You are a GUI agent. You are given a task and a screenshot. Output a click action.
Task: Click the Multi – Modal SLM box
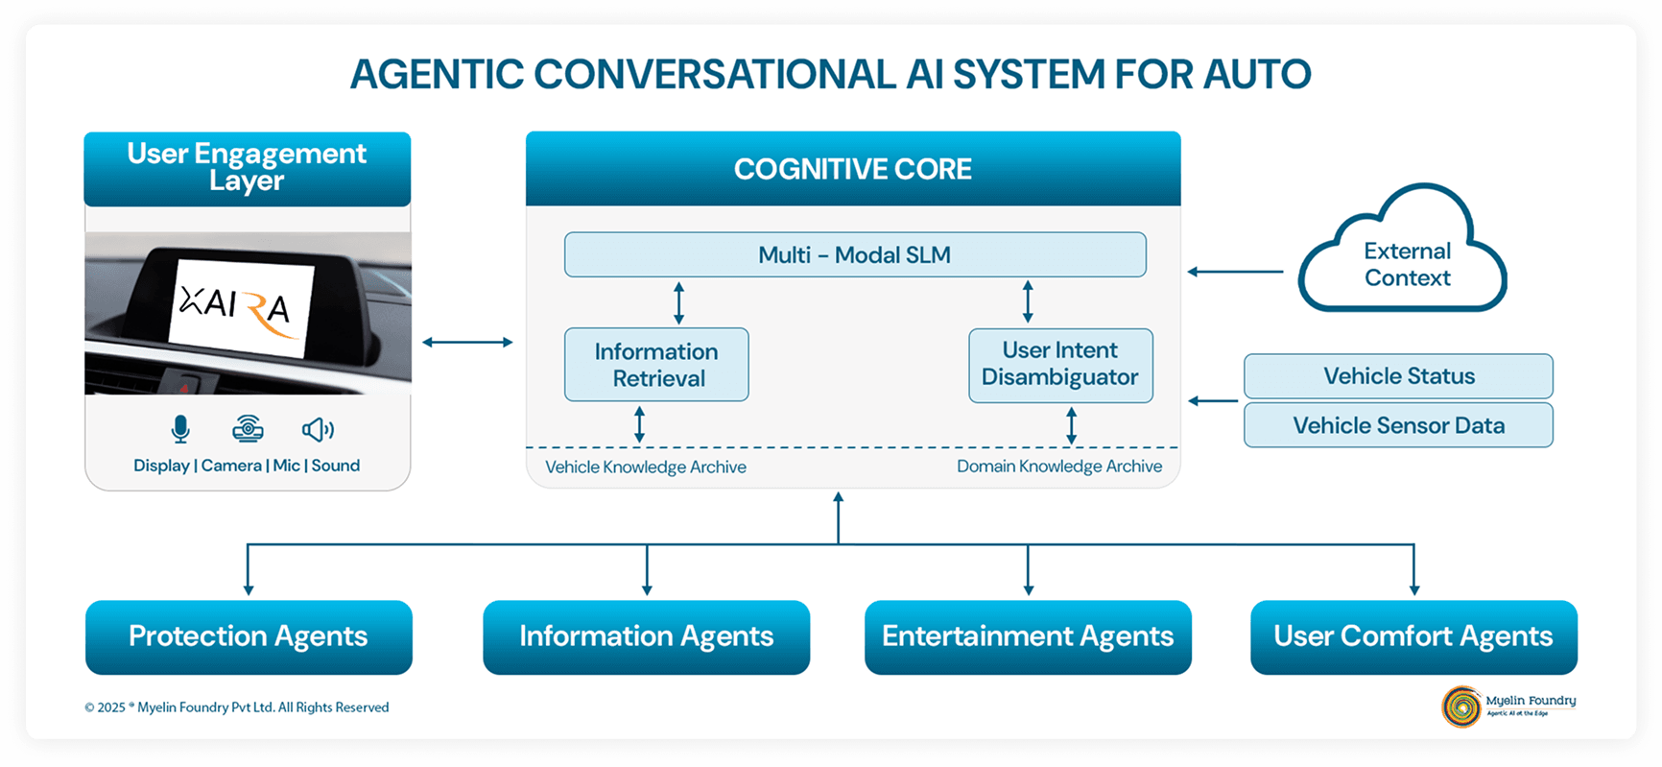point(855,255)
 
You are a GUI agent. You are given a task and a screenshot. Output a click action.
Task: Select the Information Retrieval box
point(656,365)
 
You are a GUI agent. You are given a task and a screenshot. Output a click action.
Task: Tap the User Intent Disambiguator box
point(1060,365)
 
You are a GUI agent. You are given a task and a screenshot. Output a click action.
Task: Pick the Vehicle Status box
point(1398,376)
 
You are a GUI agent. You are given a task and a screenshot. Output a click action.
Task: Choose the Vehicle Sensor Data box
point(1398,425)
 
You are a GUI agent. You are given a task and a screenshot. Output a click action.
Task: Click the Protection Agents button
point(249,636)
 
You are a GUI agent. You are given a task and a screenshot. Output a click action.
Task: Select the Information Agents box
point(646,636)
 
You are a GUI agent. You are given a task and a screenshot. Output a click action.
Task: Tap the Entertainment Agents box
point(1028,636)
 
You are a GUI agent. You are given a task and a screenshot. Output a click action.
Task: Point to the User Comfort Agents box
point(1413,636)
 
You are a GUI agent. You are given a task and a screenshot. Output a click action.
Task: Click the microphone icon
point(180,429)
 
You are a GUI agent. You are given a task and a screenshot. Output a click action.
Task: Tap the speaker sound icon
point(318,429)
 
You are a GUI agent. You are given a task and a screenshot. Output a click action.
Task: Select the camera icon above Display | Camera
point(248,429)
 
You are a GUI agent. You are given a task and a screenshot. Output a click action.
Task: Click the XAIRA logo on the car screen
point(236,307)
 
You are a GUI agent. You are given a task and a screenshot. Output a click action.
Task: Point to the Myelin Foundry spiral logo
point(1461,707)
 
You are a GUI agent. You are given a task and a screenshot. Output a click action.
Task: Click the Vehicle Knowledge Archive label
point(646,467)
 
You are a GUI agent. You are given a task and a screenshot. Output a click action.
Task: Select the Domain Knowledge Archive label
point(1059,467)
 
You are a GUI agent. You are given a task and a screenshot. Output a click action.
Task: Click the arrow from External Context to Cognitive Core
point(1235,272)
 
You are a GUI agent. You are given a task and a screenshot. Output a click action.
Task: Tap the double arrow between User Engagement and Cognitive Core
point(467,342)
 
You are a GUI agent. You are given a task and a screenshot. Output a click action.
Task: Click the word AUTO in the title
point(1257,75)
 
